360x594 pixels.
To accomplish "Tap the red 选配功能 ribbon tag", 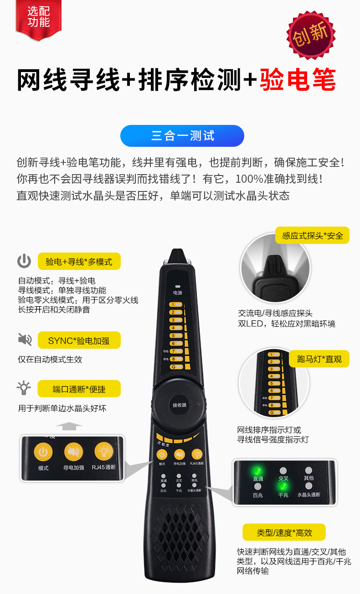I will pos(38,18).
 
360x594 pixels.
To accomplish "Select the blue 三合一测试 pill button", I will pos(182,136).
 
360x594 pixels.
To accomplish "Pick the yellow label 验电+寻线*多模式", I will pos(79,262).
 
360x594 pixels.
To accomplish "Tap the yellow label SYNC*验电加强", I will pos(78,341).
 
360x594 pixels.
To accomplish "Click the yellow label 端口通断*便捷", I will pos(79,389).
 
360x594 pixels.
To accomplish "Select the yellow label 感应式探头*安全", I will pos(312,235).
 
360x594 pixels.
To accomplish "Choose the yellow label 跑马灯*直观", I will pos(319,359).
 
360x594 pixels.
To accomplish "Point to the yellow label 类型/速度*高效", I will pos(284,532).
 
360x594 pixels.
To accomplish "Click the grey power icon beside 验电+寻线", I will pos(24,261).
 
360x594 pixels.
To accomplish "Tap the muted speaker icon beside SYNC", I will pos(25,340).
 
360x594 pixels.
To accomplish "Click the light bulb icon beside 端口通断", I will pos(24,388).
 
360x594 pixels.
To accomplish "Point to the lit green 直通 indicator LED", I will pos(257,470).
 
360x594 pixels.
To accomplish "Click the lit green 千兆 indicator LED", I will pos(283,487).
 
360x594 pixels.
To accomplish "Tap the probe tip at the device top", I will pos(176,255).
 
